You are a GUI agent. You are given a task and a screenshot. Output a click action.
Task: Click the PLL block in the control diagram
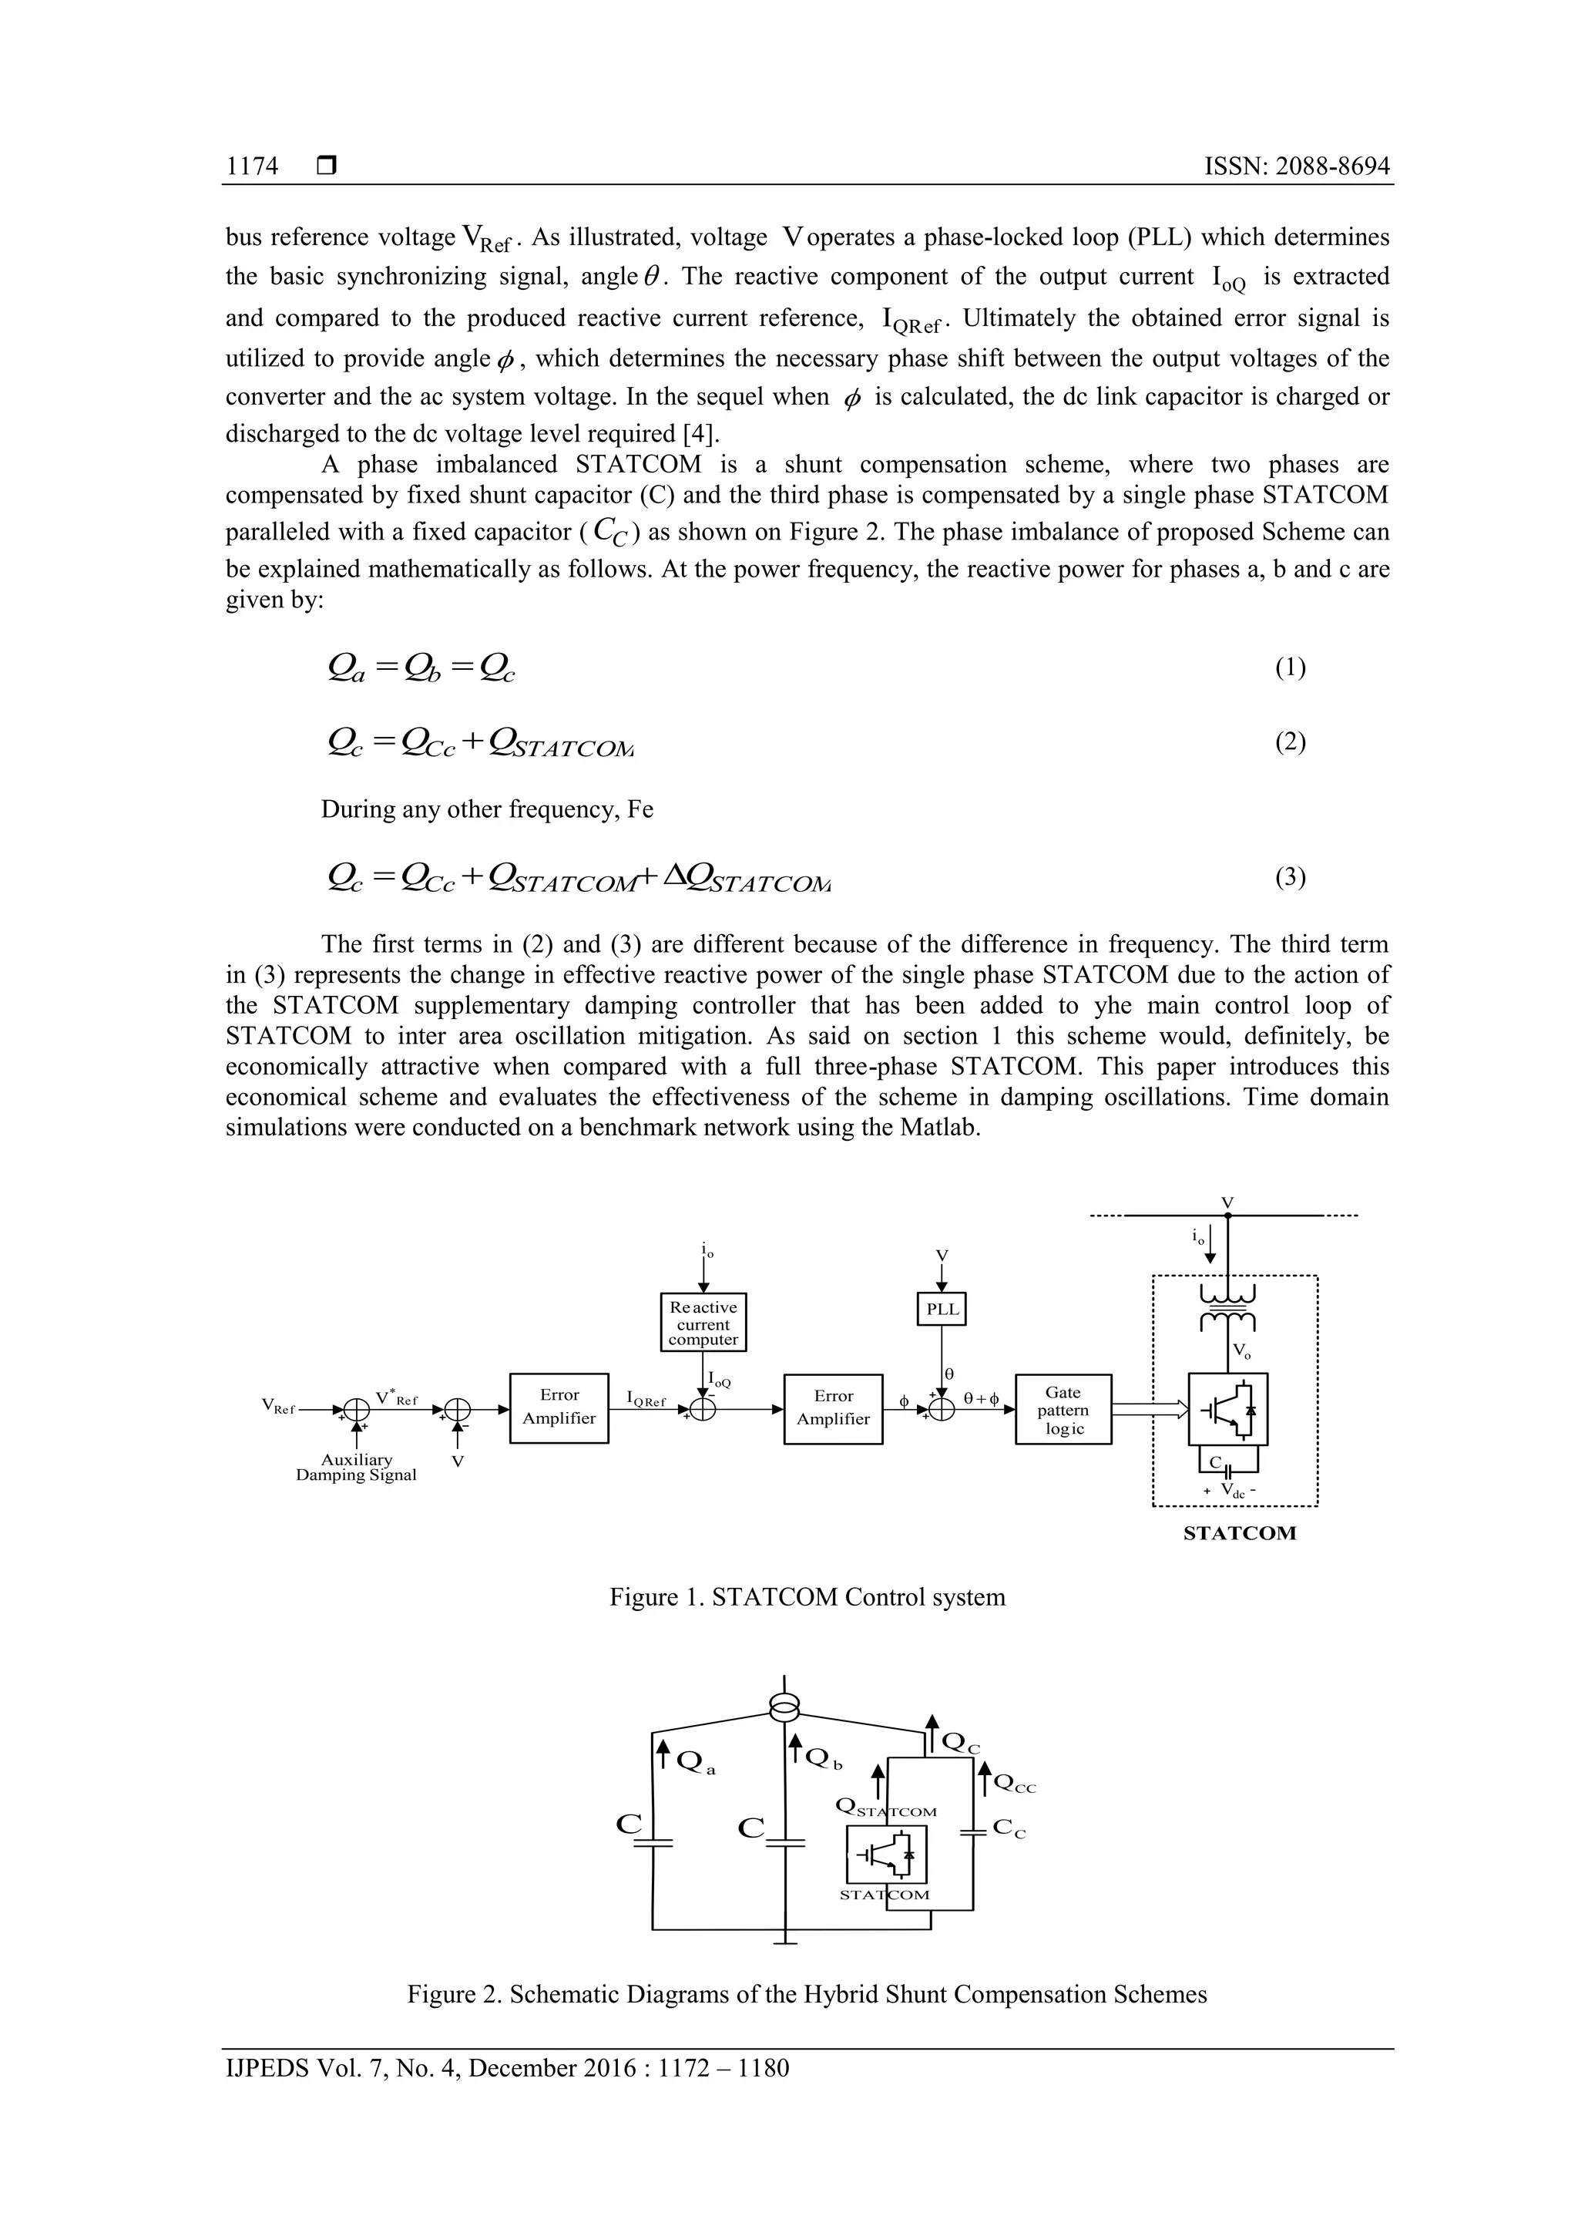pyautogui.click(x=941, y=1308)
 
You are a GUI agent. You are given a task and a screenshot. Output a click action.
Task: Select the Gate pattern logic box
pyautogui.click(x=1063, y=1409)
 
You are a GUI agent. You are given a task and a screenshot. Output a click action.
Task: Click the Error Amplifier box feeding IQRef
pyautogui.click(x=559, y=1407)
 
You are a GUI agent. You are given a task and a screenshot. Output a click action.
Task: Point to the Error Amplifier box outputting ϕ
pyautogui.click(x=833, y=1408)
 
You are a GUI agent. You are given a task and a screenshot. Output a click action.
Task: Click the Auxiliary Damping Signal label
pyautogui.click(x=356, y=1467)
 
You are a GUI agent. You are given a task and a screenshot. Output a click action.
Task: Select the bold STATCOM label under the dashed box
pyautogui.click(x=1239, y=1534)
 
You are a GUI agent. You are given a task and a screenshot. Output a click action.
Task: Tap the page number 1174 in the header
pyautogui.click(x=252, y=166)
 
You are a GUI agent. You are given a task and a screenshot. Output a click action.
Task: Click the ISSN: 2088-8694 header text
pyautogui.click(x=1296, y=166)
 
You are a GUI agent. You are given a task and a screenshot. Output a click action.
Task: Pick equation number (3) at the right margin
pyautogui.click(x=1289, y=877)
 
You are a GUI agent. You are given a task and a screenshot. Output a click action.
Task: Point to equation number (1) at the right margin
pyautogui.click(x=1289, y=668)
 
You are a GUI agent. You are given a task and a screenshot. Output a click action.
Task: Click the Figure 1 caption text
pyautogui.click(x=807, y=1597)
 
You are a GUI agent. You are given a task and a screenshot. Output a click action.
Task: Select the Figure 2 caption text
pyautogui.click(x=807, y=1995)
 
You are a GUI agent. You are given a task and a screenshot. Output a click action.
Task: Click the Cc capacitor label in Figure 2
pyautogui.click(x=1009, y=1829)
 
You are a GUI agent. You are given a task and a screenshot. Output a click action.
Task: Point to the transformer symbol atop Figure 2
pyautogui.click(x=784, y=1707)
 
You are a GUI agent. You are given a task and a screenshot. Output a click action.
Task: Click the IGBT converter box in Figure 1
pyautogui.click(x=1228, y=1411)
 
